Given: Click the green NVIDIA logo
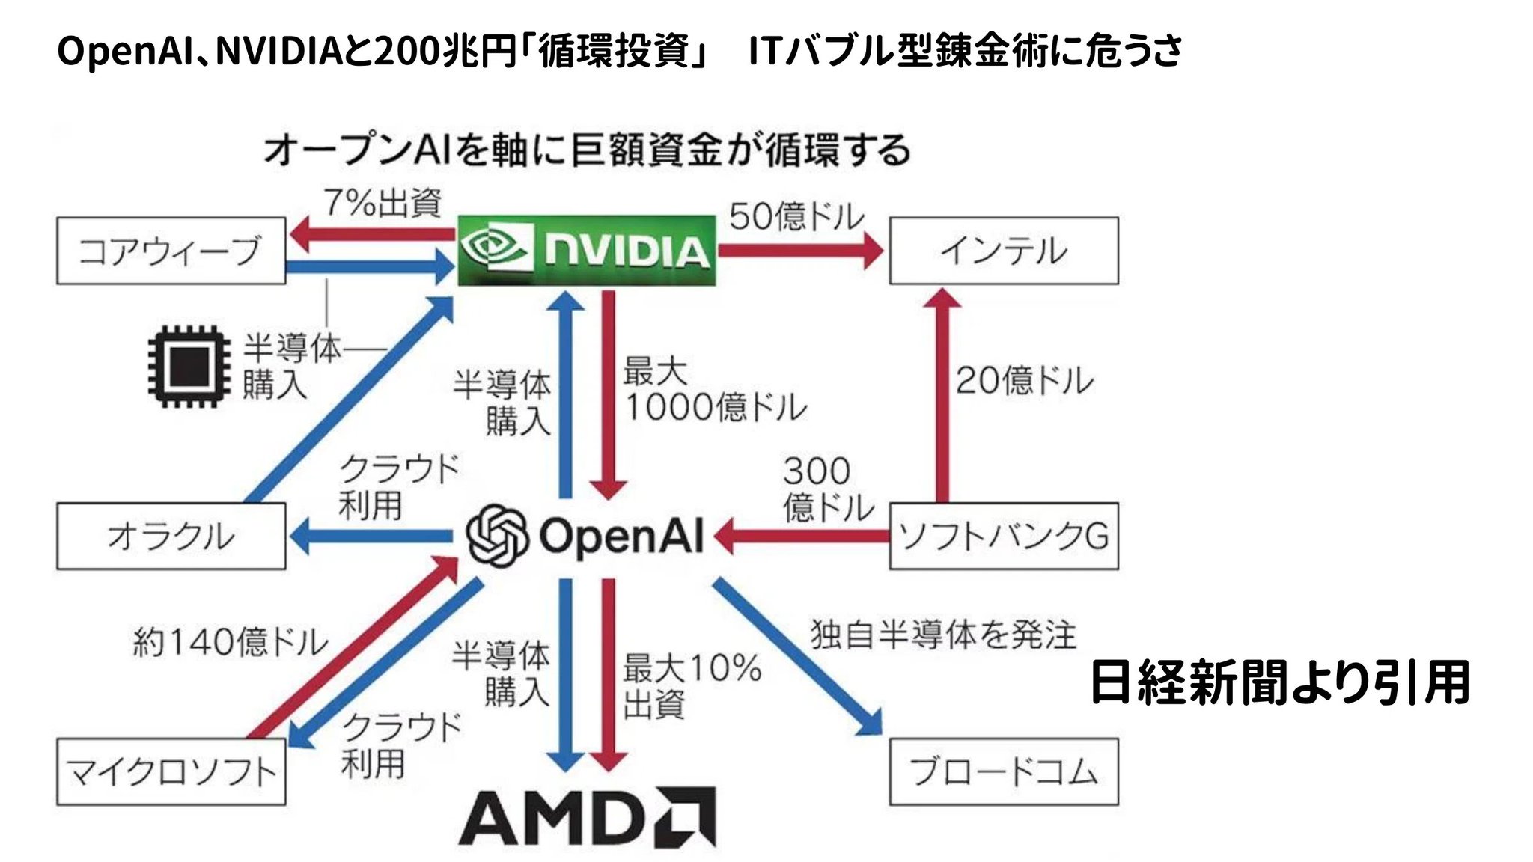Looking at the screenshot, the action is pyautogui.click(x=587, y=250).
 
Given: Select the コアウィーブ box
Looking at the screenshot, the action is pyautogui.click(x=171, y=251).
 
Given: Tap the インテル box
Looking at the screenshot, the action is pyautogui.click(x=1004, y=251).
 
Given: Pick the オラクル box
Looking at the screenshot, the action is pyautogui.click(x=171, y=536).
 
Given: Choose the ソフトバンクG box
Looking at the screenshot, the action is pyautogui.click(x=1004, y=536).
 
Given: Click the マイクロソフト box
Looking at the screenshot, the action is pyautogui.click(x=171, y=771).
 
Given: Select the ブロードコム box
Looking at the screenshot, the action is pyautogui.click(x=1004, y=771).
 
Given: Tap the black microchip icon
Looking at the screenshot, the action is pyautogui.click(x=189, y=366).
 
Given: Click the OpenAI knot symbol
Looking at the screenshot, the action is pyautogui.click(x=497, y=536).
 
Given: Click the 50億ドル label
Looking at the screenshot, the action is pyautogui.click(x=796, y=216).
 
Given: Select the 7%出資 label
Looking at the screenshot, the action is pyautogui.click(x=383, y=202).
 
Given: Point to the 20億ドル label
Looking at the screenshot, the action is pyautogui.click(x=1024, y=380).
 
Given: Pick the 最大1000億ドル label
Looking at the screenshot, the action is pyautogui.click(x=715, y=389).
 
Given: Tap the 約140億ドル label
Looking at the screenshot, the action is pyautogui.click(x=231, y=641).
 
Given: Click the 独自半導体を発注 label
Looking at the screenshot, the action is pyautogui.click(x=943, y=635).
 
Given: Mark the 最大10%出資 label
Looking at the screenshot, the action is pyautogui.click(x=692, y=686).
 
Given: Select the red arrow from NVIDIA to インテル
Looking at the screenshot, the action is pyautogui.click(x=801, y=251).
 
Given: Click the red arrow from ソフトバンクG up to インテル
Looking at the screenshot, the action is pyautogui.click(x=943, y=394).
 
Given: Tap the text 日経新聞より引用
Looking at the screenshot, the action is pyautogui.click(x=1280, y=682).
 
